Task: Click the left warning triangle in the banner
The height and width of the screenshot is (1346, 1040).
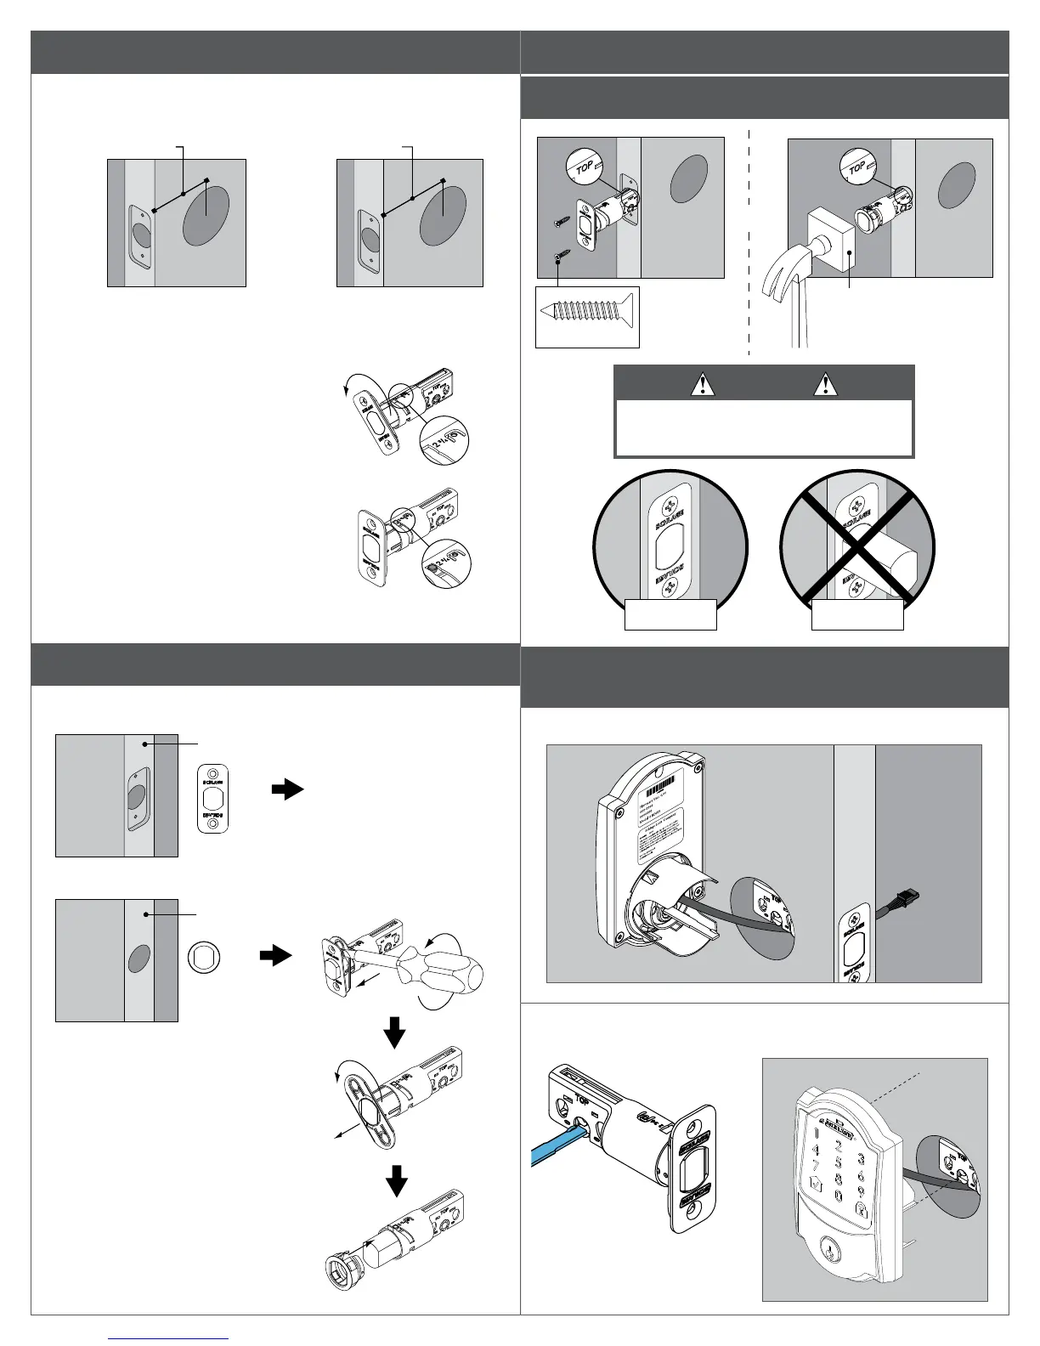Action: click(x=703, y=384)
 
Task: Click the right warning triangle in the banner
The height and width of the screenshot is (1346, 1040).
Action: click(x=824, y=384)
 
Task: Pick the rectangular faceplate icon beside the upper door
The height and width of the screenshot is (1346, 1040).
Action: click(x=212, y=798)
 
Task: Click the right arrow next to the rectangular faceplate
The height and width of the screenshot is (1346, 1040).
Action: click(x=287, y=789)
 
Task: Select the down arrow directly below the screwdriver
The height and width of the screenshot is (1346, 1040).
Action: click(x=395, y=1034)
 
